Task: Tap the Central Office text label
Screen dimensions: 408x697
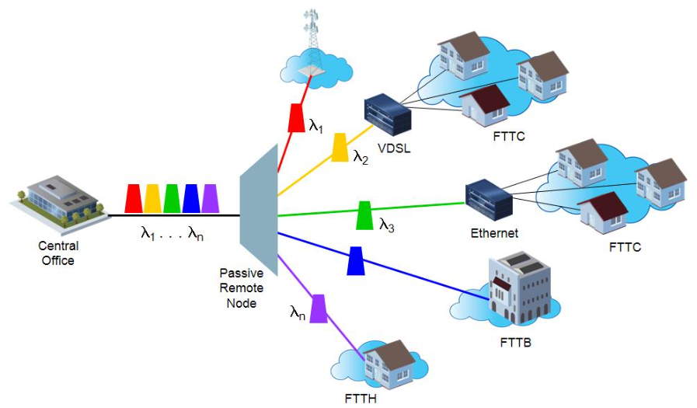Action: pos(58,253)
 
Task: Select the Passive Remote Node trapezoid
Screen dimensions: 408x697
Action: pos(258,210)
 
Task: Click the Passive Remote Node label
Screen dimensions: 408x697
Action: pos(242,287)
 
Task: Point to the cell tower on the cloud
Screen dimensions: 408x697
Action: pos(312,43)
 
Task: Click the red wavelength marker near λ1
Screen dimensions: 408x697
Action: pos(296,117)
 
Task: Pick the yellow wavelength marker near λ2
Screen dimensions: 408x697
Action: pos(340,147)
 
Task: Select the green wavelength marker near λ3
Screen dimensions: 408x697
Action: pos(364,216)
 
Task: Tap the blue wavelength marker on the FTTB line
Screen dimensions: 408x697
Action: pos(355,260)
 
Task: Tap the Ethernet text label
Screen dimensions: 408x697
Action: pos(494,232)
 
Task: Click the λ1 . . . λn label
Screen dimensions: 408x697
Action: pos(173,232)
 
